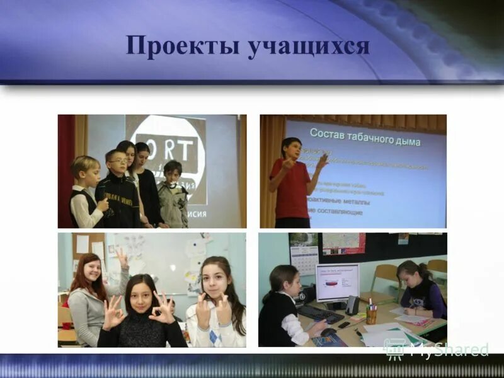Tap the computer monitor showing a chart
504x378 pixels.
pos(337,282)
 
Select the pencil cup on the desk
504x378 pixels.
pos(371,314)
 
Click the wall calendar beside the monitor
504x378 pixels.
pos(303,258)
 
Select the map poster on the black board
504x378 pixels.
pos(344,243)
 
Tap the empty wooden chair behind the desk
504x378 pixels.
pos(386,277)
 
